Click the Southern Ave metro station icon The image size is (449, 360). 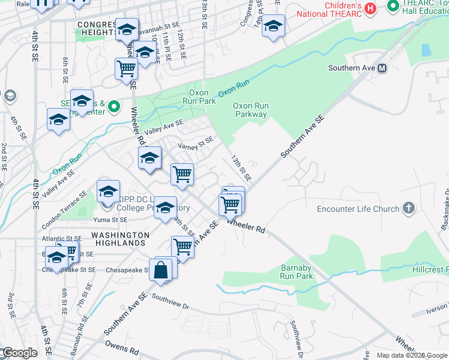(x=382, y=68)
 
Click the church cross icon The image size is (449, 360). (x=409, y=208)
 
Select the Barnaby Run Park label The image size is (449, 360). (x=297, y=272)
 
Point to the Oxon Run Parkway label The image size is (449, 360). (x=251, y=110)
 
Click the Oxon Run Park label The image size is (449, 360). (x=202, y=97)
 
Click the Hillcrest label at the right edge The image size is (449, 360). (x=431, y=271)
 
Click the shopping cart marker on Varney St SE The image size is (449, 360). (x=182, y=175)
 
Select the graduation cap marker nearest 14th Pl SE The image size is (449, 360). (x=273, y=26)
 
